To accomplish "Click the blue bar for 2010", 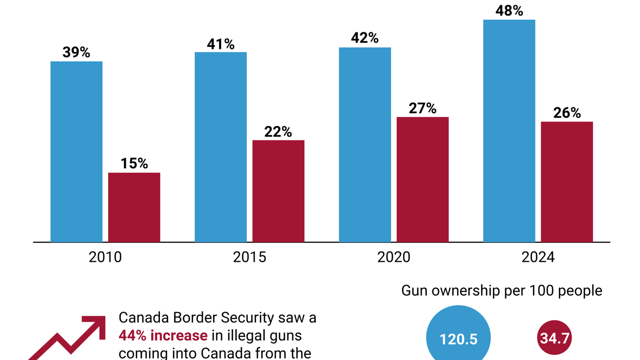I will click(x=76, y=151).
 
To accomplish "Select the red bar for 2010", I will click(x=134, y=207).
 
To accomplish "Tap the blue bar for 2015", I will click(x=221, y=147).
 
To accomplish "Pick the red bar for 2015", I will click(x=278, y=191).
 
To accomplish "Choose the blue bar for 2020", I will click(x=365, y=145).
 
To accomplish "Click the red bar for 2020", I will click(x=423, y=179).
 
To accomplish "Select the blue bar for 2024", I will click(x=509, y=131).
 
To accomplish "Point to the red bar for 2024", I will click(x=567, y=182).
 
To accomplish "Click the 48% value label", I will click(x=509, y=10).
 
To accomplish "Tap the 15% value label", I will click(x=134, y=164).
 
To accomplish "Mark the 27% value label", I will click(x=423, y=108).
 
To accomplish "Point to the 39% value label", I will click(x=76, y=52).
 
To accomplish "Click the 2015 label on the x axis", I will click(x=249, y=257).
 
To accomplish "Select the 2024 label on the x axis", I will click(x=538, y=257).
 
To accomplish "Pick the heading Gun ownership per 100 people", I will click(x=502, y=291).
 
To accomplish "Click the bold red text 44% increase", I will click(x=163, y=336).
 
